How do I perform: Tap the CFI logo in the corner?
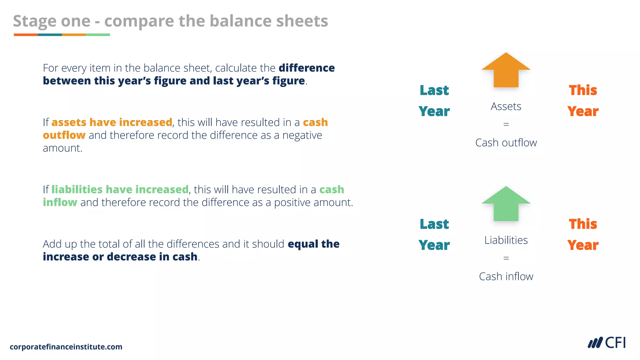click(x=607, y=343)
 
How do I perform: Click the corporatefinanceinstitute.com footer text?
click(x=66, y=347)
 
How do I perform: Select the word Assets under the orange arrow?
click(x=506, y=107)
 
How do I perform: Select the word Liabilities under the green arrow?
click(x=506, y=240)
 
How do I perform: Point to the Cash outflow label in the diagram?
click(x=506, y=143)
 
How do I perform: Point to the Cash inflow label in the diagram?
click(x=506, y=277)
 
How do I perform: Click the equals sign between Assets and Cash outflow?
click(x=506, y=124)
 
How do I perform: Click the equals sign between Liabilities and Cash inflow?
click(x=506, y=258)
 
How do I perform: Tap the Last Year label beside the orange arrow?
click(x=434, y=101)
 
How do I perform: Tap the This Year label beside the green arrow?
click(x=583, y=234)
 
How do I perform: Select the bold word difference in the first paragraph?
click(x=307, y=68)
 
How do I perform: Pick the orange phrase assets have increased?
click(x=112, y=122)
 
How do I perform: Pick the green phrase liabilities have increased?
click(x=120, y=189)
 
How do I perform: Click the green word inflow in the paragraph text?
click(x=60, y=202)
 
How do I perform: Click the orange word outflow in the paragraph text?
click(x=64, y=135)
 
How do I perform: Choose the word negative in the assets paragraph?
click(x=302, y=135)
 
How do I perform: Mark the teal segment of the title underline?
click(x=50, y=35)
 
